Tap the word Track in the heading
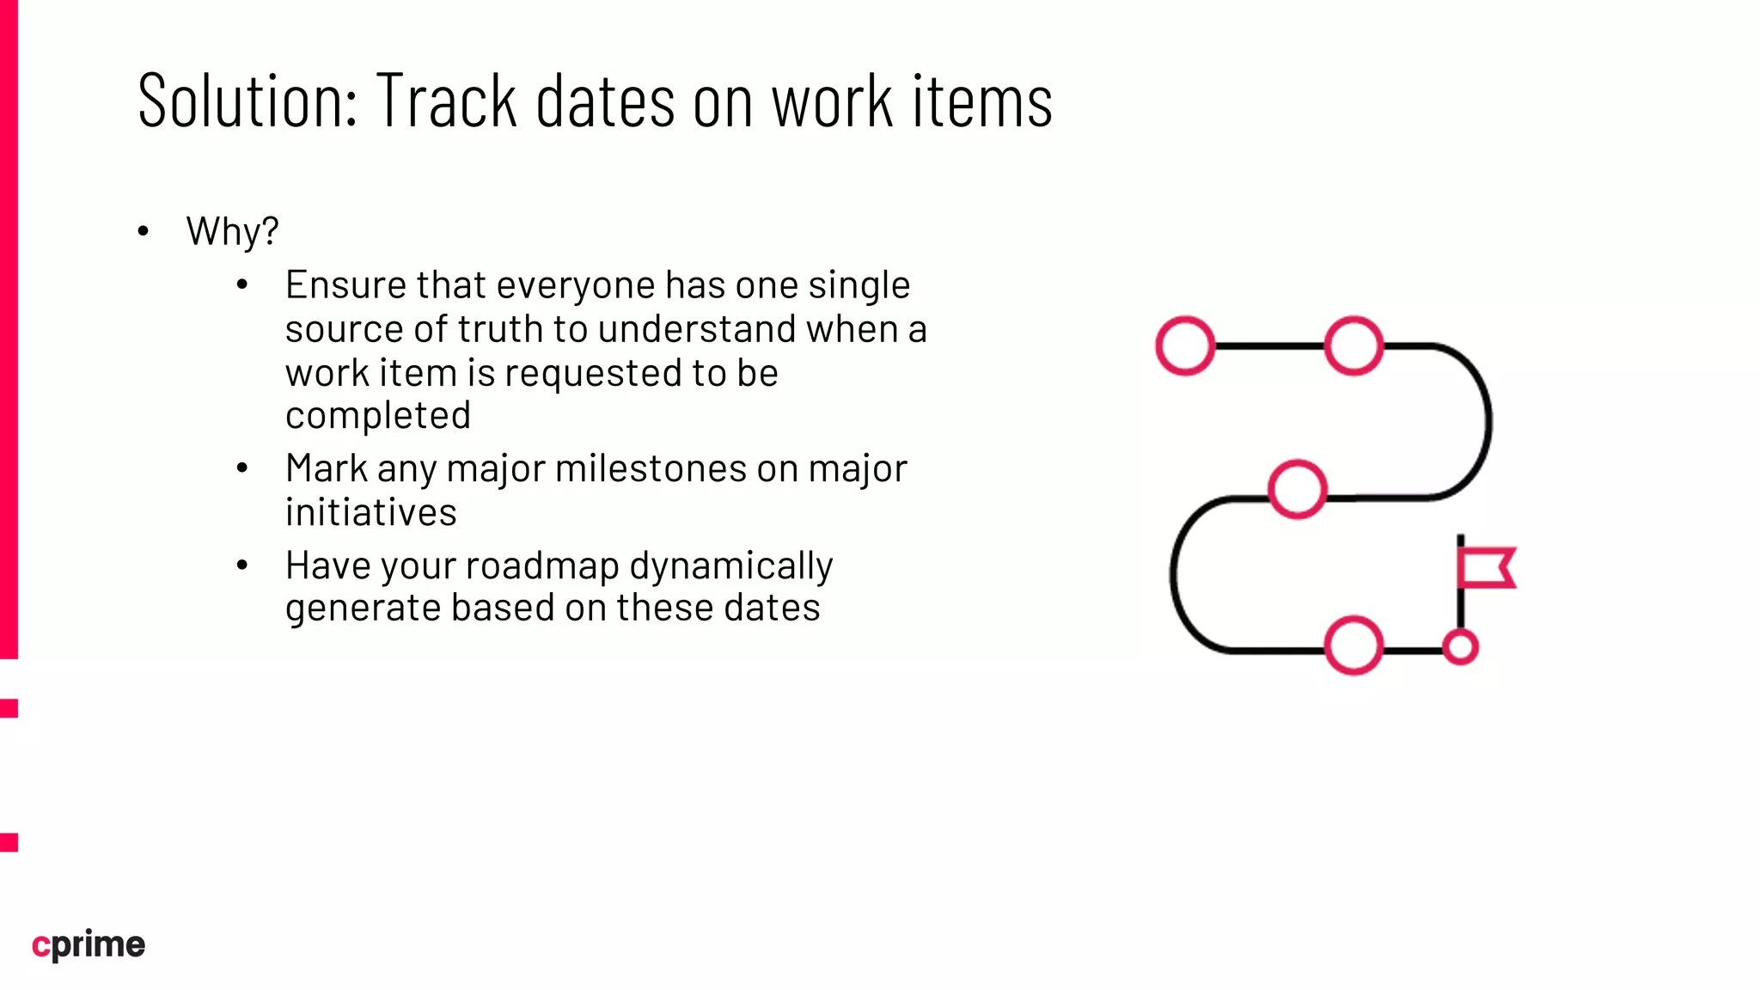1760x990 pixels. [446, 101]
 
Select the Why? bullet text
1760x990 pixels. [232, 231]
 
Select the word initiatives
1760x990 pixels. [370, 513]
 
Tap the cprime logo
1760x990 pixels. [89, 944]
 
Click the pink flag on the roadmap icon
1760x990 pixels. [1487, 568]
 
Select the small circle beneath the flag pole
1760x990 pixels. [1460, 647]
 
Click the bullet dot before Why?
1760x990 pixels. [144, 231]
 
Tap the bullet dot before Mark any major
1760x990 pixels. [242, 468]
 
